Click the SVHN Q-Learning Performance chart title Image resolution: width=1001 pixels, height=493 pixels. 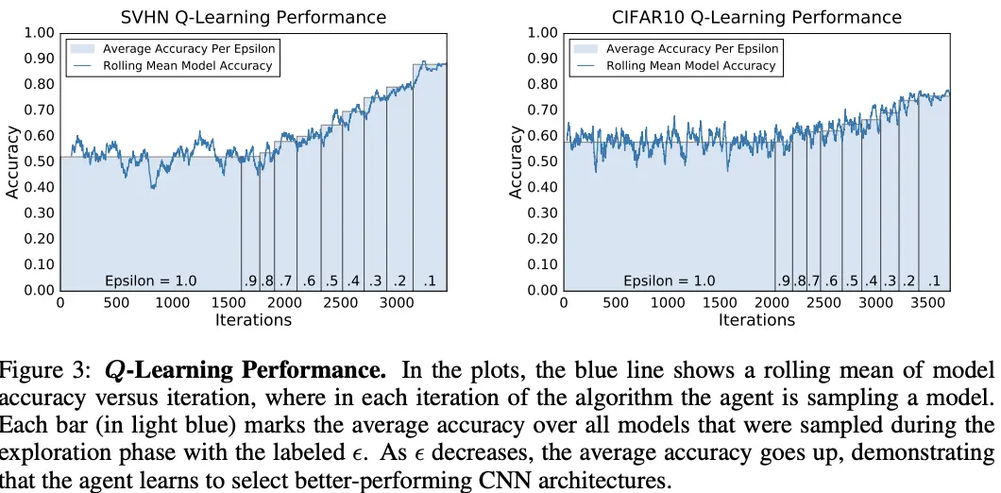pos(253,17)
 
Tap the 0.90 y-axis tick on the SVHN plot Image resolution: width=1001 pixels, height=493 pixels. pos(40,59)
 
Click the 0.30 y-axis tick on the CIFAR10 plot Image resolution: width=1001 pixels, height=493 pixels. pos(543,213)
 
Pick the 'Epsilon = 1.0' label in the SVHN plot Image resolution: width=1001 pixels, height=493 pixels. pos(150,280)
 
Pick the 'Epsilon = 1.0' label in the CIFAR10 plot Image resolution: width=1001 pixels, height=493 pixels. pos(669,280)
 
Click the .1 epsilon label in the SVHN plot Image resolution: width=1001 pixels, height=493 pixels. pos(430,280)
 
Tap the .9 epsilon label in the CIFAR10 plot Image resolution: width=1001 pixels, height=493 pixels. pos(783,280)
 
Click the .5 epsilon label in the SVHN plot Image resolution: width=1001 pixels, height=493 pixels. pos(331,280)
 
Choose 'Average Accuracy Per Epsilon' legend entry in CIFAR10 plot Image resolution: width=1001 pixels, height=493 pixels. pos(690,48)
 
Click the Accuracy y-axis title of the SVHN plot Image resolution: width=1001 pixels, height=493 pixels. pos(12,162)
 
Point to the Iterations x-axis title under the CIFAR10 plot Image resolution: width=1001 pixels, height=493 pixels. pos(756,320)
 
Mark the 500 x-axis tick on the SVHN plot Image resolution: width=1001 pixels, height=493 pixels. pos(116,303)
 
